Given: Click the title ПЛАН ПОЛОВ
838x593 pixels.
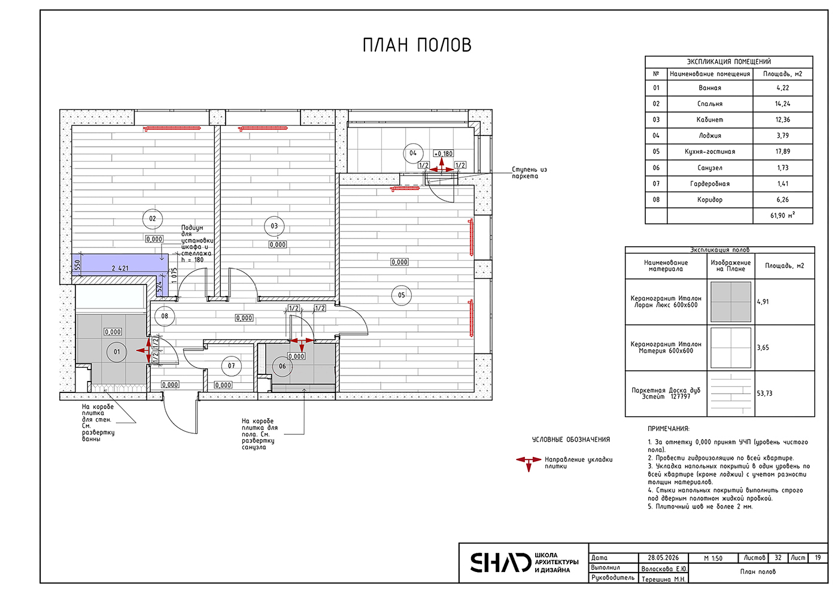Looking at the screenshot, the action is point(417,45).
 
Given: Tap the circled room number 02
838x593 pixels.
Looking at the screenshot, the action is point(152,219).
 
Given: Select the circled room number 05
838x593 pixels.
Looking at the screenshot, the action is point(401,295).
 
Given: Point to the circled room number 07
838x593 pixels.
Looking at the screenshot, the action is point(231,366).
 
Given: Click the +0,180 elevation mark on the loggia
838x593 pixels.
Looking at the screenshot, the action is point(444,153).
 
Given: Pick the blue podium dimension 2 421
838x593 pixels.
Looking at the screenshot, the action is point(120,268).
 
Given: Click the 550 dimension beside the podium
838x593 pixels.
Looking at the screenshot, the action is point(77,265).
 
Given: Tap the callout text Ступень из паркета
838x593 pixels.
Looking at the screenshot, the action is point(529,173).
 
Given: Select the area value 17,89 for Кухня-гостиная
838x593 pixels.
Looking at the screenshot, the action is point(783,152).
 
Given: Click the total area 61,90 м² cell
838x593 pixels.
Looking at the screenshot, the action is point(783,215).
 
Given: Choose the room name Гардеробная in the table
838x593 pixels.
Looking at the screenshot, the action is point(710,184).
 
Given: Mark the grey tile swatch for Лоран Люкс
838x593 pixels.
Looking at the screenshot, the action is point(731,302).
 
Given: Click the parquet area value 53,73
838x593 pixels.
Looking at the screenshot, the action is point(765,394).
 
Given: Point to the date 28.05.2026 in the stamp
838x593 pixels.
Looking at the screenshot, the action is point(663,558).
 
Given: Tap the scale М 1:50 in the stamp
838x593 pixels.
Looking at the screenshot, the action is point(713,558).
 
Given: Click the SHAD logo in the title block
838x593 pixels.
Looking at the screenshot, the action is point(500,562).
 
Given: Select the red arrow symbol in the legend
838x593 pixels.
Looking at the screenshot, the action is point(529,464).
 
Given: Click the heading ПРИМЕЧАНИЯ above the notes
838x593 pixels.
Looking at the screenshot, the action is point(669,429).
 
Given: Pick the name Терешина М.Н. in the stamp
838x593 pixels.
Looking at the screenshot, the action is point(664,579).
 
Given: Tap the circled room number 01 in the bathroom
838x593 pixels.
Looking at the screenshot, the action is point(117,352).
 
